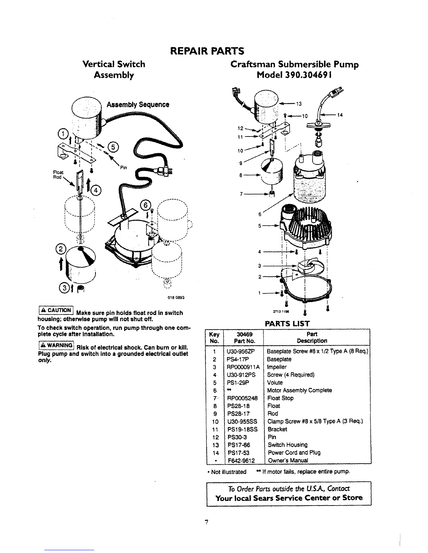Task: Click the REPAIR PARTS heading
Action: (x=206, y=51)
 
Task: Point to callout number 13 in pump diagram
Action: (x=299, y=103)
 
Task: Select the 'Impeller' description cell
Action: (x=277, y=367)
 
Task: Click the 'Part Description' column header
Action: (x=312, y=337)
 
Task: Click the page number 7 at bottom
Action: (x=207, y=522)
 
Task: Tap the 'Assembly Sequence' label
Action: (x=138, y=105)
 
